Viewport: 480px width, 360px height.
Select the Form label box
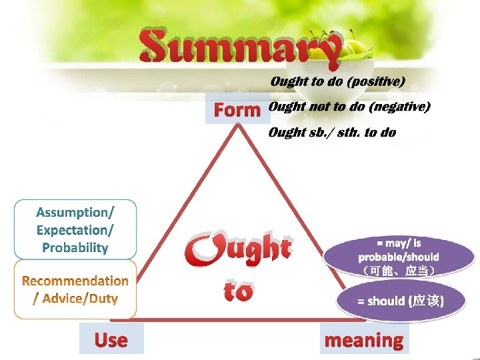[x=237, y=110]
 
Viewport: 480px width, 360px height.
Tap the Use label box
[x=111, y=340]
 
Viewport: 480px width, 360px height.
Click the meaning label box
[x=363, y=340]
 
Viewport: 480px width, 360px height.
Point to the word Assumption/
[x=75, y=213]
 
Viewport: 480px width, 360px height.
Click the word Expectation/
[x=75, y=230]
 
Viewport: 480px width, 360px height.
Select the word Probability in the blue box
[x=75, y=247]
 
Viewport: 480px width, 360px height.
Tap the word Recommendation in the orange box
[x=75, y=281]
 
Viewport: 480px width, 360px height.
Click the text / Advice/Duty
[x=75, y=299]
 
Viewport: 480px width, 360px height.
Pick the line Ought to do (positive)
[x=337, y=82]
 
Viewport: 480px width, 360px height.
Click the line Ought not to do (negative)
[x=349, y=107]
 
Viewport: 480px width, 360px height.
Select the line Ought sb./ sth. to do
[x=331, y=133]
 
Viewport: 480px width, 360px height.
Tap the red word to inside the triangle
[x=237, y=291]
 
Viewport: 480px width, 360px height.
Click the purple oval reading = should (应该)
[x=400, y=301]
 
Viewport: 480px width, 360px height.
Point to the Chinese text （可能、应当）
[x=399, y=271]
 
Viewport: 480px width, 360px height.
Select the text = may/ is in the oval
[x=399, y=243]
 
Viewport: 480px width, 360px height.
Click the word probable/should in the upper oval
[x=399, y=257]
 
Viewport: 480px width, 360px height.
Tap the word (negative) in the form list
[x=399, y=107]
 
